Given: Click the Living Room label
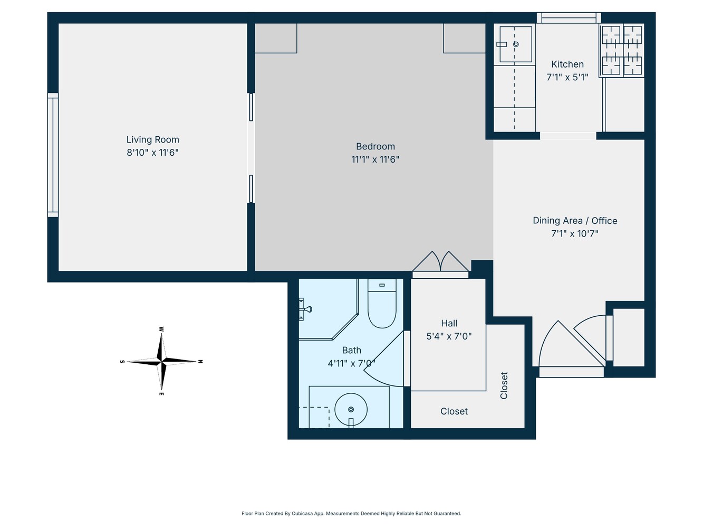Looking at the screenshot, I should pos(152,140).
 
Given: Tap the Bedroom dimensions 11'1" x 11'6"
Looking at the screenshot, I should pos(375,159).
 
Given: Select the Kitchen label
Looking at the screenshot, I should pos(567,64).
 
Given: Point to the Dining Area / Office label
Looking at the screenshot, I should pos(575,221).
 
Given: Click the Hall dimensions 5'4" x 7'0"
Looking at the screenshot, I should pos(449,336).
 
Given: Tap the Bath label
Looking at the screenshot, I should pos(352,350).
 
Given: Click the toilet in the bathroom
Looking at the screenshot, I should pos(381,306).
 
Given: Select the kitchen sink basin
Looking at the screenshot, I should pos(515,44).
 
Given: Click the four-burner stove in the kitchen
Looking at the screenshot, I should pos(622,50).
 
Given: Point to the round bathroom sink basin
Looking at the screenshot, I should pos(351,409).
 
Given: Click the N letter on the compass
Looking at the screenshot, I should pos(200,362).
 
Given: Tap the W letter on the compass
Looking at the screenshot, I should pos(161,329).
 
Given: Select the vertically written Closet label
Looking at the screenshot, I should pos(504,385).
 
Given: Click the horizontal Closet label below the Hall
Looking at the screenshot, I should pos(454,411).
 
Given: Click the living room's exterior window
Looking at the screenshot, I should pos(53,155).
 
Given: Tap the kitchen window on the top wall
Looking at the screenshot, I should pos(569,18).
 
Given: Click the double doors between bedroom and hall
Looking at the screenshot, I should pos(440,264).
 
